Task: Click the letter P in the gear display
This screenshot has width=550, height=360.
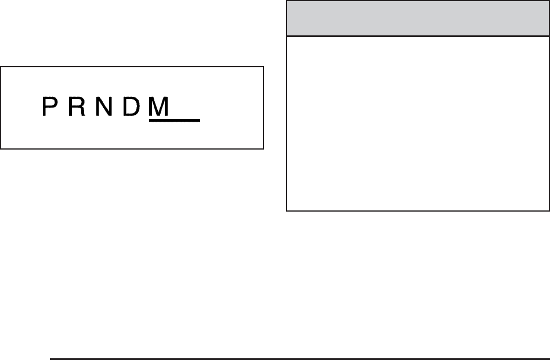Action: (50, 106)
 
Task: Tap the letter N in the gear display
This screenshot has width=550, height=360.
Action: (103, 106)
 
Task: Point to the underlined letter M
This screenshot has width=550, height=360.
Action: (158, 106)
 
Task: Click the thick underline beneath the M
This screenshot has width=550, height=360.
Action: (175, 120)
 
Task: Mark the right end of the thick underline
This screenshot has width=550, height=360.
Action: (199, 120)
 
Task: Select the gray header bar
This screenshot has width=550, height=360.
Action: (418, 18)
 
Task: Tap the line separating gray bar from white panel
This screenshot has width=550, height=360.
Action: (418, 37)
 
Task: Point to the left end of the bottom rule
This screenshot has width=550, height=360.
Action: (51, 358)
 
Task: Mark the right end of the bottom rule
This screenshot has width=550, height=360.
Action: (548, 358)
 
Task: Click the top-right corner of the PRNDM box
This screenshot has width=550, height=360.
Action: (264, 67)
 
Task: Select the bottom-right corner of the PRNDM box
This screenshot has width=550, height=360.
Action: (264, 149)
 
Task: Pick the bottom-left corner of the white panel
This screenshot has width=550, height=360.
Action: (287, 210)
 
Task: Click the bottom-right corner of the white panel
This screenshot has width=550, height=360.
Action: (549, 210)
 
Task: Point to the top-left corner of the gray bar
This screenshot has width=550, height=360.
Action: (287, 1)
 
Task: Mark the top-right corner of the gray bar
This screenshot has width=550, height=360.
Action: (549, 1)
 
